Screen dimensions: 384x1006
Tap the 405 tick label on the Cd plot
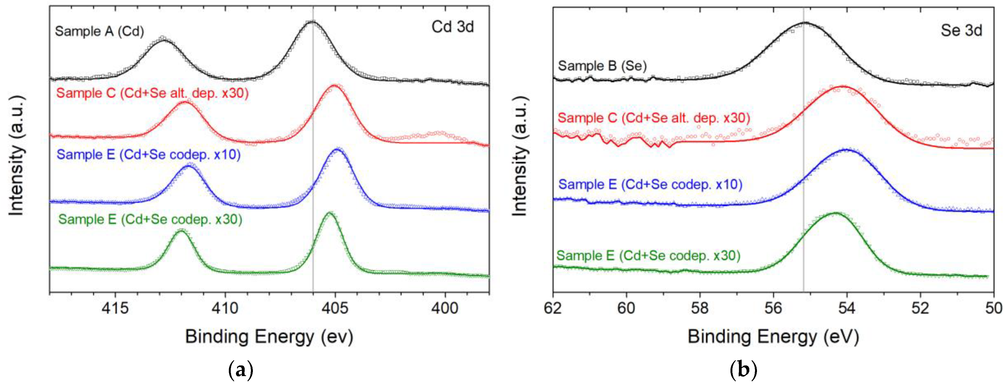(335, 309)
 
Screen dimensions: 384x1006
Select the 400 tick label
(445, 309)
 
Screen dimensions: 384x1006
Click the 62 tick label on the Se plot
(553, 309)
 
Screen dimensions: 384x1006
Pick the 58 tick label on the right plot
(700, 309)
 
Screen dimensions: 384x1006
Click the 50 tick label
(993, 309)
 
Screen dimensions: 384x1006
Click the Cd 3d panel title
(453, 27)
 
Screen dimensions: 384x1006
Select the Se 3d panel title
(961, 31)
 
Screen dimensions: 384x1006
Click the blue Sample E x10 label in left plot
(148, 155)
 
